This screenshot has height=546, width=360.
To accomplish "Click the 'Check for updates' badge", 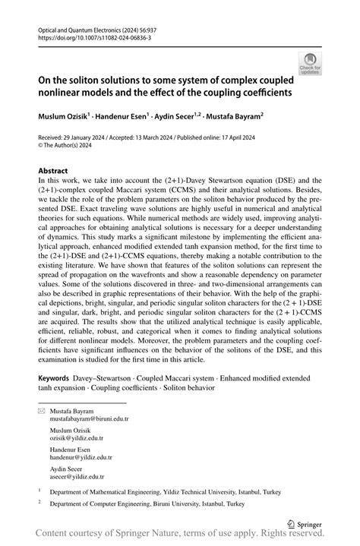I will tap(309, 63).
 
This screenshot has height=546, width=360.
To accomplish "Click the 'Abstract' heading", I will tap(54, 172).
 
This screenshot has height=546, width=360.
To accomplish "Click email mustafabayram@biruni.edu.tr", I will tap(89, 418).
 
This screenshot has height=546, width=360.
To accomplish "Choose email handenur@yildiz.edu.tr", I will tap(81, 457).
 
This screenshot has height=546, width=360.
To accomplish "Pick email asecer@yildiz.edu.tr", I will tap(76, 477).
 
